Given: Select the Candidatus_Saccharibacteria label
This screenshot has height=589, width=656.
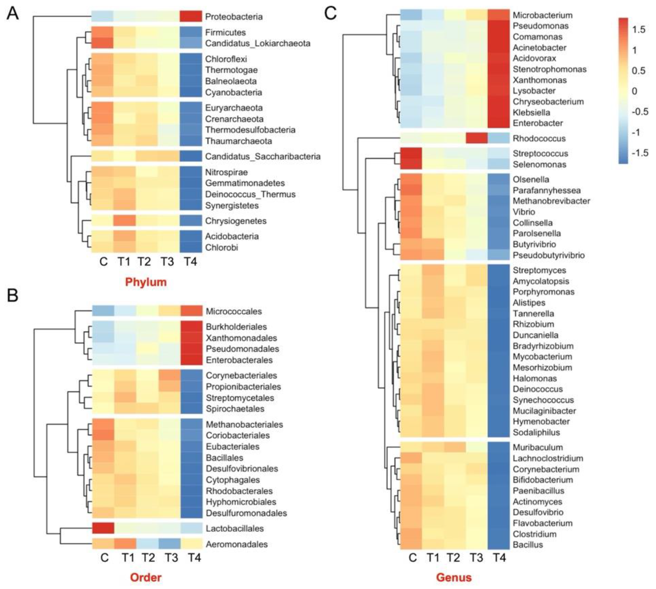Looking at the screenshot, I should click(263, 156).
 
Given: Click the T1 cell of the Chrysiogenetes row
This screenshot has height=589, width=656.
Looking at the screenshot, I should click(124, 221).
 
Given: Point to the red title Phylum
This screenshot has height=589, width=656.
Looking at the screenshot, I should click(146, 282).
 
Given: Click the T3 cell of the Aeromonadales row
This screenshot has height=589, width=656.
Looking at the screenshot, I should click(169, 544).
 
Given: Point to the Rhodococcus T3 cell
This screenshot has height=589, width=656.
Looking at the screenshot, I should click(476, 138).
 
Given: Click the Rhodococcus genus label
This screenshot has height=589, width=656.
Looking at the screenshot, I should click(539, 138).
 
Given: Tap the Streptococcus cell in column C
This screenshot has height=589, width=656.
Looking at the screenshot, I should click(411, 153).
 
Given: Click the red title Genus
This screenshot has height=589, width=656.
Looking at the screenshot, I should click(454, 577).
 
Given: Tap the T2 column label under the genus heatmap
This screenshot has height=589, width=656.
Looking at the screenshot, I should click(454, 558).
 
